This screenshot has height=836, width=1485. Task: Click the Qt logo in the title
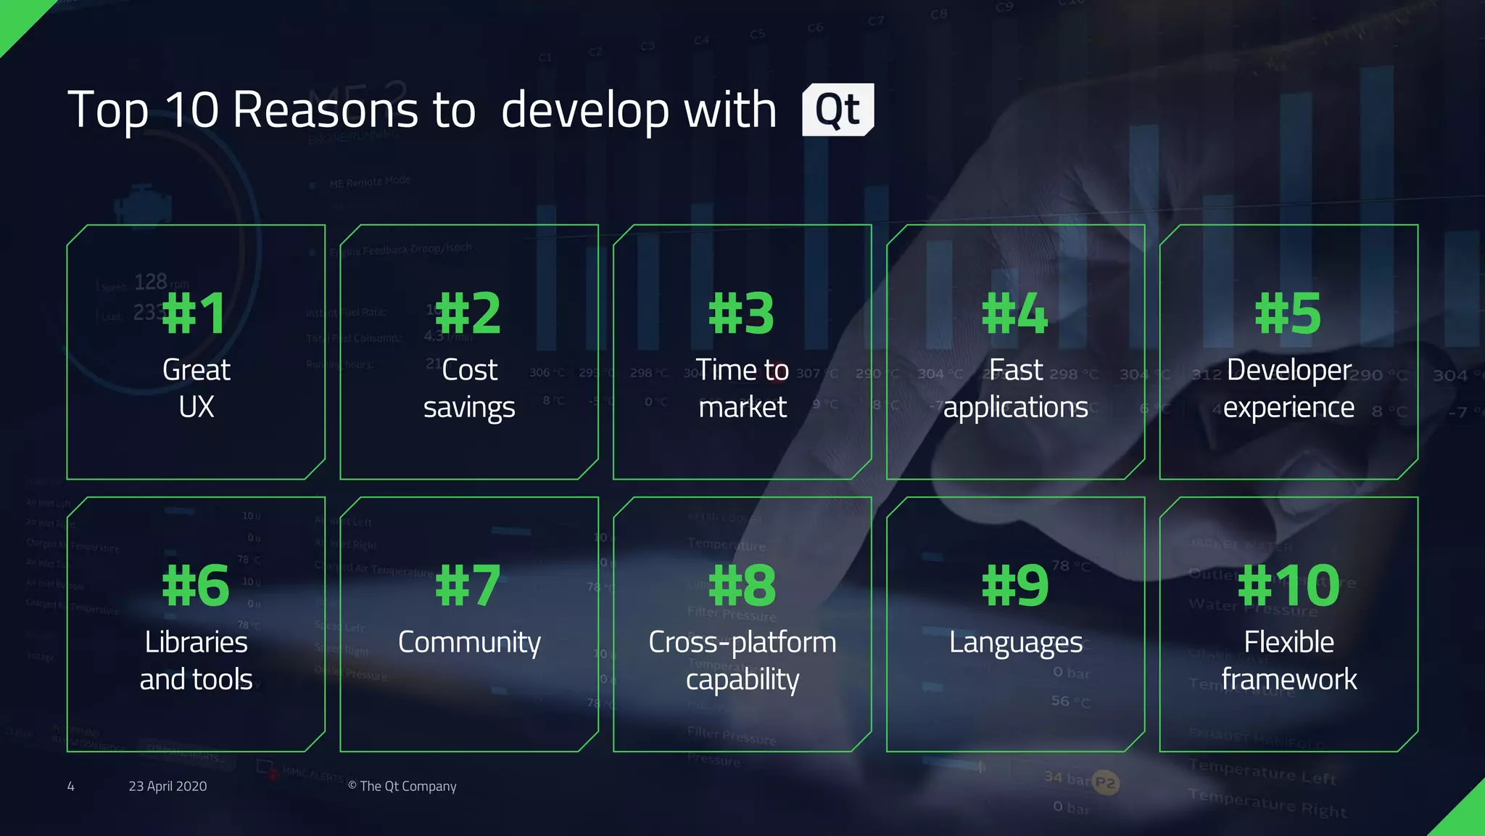coord(837,110)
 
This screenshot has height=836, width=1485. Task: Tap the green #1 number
coord(194,313)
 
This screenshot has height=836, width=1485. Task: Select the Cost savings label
coord(469,388)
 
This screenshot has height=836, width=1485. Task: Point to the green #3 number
coord(742,313)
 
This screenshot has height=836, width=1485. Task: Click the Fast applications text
coord(1015,388)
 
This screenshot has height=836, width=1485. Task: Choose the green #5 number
coord(1288,313)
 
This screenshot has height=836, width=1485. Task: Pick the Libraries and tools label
coord(196,660)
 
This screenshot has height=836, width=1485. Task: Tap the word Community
coord(469,643)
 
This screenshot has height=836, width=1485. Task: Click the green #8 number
coord(742,586)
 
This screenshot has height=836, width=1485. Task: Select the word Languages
coord(1015,643)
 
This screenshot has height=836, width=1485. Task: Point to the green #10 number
coord(1288,586)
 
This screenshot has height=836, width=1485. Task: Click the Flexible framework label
coord(1288,660)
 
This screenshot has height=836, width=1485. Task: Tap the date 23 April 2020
coord(167,786)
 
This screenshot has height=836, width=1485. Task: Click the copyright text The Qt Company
coord(402,786)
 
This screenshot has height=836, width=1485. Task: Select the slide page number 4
coord(70,786)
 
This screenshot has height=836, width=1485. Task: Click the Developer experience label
coord(1288,388)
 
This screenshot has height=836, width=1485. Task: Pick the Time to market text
coord(742,388)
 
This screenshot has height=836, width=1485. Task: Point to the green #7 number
coord(468,586)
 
